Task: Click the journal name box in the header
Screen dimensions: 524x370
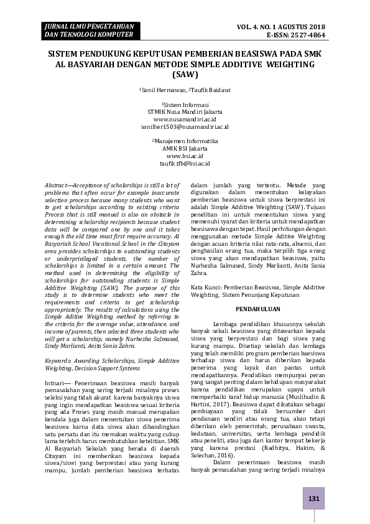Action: coord(81,30)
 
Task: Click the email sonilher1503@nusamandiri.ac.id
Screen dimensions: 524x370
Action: coord(185,126)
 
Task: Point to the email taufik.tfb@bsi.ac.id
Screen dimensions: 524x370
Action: coord(185,163)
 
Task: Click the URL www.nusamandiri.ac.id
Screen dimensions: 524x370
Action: coord(185,118)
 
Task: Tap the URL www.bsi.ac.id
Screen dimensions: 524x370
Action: coord(185,156)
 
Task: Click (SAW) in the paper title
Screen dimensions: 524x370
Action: coord(185,75)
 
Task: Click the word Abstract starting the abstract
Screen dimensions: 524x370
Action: coord(58,185)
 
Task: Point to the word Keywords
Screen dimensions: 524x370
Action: coord(59,360)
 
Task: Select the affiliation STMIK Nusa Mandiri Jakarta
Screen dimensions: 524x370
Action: coord(185,111)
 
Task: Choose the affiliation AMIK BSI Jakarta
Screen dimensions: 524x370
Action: coord(185,148)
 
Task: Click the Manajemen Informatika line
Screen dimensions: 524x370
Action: coord(185,141)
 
